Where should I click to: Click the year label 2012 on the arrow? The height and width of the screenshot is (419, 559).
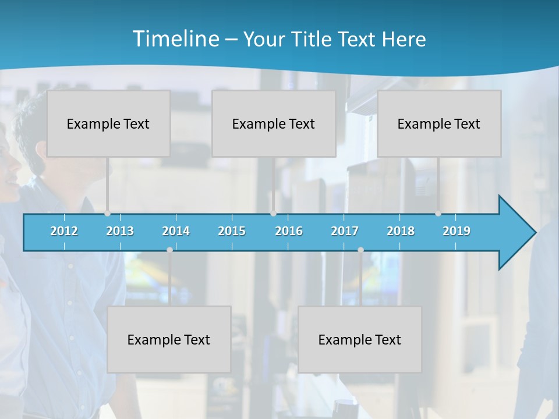[x=64, y=231]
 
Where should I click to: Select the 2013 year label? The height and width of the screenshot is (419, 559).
[x=120, y=231]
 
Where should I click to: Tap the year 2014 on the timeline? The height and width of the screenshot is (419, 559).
[x=176, y=231]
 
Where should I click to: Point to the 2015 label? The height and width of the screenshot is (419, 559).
[x=232, y=231]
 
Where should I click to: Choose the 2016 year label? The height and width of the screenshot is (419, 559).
[x=289, y=231]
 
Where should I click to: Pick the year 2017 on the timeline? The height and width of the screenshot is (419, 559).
[x=345, y=231]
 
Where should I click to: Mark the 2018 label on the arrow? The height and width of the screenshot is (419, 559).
[x=401, y=231]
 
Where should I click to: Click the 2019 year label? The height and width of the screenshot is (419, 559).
[x=457, y=231]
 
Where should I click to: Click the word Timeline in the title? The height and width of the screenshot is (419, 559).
[x=174, y=39]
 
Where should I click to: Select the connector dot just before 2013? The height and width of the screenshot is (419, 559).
[x=107, y=214]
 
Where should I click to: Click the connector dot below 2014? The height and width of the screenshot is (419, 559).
[x=169, y=250]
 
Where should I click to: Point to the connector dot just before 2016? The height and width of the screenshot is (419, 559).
[x=273, y=214]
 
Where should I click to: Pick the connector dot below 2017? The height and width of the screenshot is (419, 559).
[x=360, y=250]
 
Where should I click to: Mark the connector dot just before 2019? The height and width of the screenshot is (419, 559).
[x=438, y=214]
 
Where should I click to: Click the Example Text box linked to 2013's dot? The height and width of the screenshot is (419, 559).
[x=108, y=123]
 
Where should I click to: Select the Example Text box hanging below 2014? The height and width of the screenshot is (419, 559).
[x=169, y=339]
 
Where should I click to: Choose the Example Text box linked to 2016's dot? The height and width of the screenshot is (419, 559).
[x=274, y=123]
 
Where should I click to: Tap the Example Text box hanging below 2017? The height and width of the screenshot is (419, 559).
[x=360, y=339]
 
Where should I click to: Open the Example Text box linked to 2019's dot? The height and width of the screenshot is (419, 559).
[x=439, y=123]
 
